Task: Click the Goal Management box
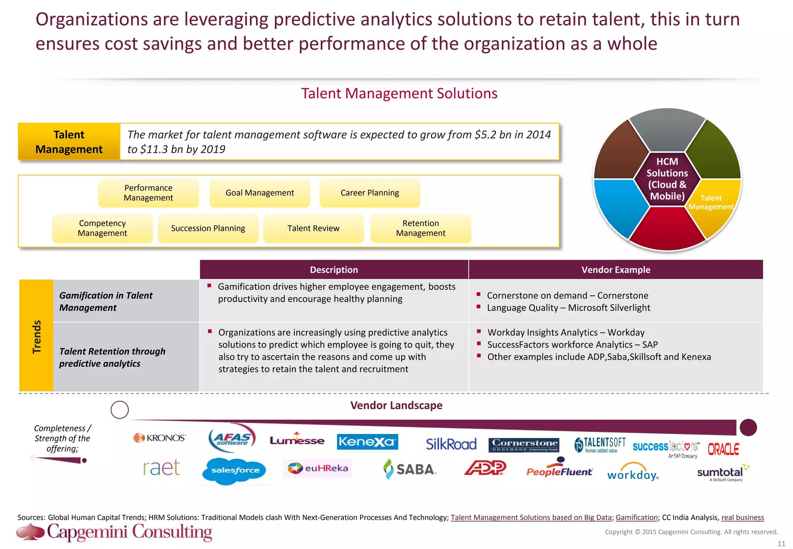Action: coord(260,193)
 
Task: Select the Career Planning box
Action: coord(370,193)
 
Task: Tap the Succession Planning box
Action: coord(208,228)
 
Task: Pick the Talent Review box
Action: coord(313,228)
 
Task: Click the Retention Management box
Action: coord(421,228)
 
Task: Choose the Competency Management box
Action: coord(102,228)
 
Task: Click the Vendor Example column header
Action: coord(616,270)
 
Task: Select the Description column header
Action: coord(334,270)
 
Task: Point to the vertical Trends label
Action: coord(36,336)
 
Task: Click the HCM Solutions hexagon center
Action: coord(667,179)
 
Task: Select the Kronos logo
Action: coord(160,438)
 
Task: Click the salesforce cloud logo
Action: coord(235,470)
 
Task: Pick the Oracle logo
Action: coord(723,449)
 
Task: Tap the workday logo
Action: coord(633,472)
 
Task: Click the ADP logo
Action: coord(485,468)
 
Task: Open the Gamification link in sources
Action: coord(637,517)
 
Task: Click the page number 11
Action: coord(781,544)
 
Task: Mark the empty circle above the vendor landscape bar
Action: coord(120,410)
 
